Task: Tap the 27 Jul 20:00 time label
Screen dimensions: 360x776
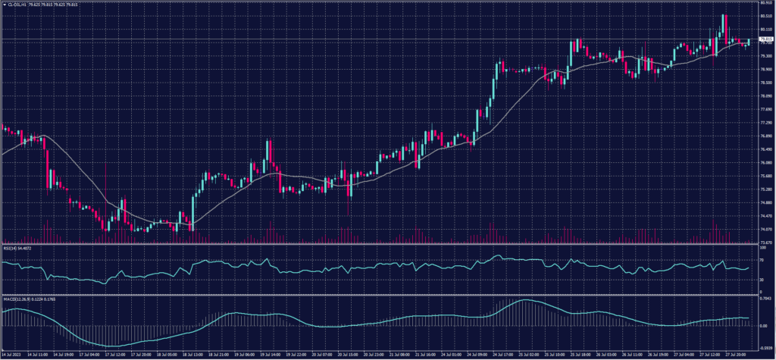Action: (735, 354)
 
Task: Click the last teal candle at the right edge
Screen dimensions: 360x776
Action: (748, 41)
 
